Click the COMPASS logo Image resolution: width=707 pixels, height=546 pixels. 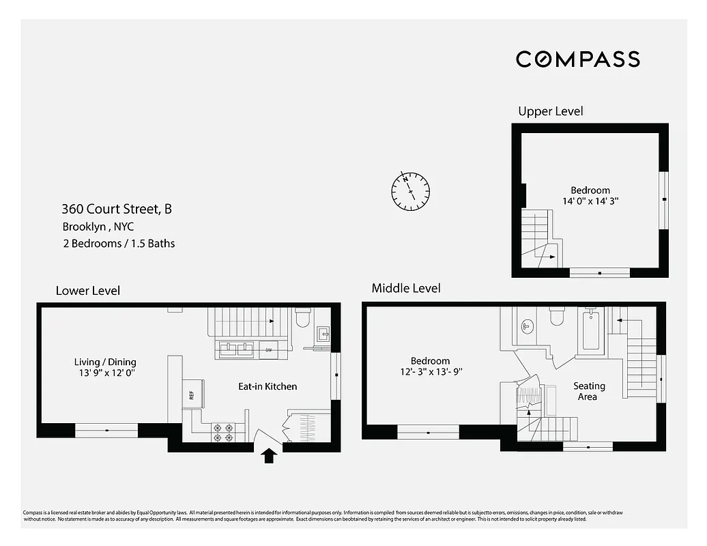coord(577,59)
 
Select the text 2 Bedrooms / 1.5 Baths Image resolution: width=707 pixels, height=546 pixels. coord(118,244)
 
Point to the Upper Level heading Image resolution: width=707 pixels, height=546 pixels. coord(550,111)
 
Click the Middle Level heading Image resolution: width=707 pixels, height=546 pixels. coord(405,288)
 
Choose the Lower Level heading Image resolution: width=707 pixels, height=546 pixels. coord(87,291)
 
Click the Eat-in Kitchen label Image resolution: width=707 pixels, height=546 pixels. coord(267,386)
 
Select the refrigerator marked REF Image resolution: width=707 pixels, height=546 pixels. coord(192,394)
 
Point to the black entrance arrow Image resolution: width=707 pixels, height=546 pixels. coord(268,455)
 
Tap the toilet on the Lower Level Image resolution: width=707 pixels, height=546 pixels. coord(303,319)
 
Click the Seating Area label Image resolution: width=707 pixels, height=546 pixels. coord(588,391)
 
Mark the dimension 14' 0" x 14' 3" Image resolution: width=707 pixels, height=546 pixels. coord(590,201)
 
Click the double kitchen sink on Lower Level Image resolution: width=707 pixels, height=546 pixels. coord(237,349)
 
